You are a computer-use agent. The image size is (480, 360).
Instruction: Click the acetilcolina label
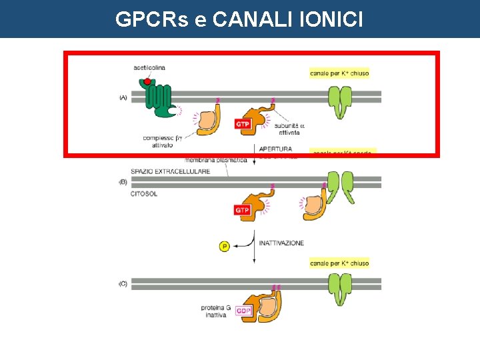coord(149,67)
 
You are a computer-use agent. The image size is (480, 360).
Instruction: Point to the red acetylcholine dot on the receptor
coord(147,82)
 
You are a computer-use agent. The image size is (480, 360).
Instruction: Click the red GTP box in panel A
coord(243,124)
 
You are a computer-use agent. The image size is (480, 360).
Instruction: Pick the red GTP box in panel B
coord(243,210)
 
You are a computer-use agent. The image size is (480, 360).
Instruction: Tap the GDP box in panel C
coord(243,311)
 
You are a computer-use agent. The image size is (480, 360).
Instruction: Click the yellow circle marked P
coord(225,247)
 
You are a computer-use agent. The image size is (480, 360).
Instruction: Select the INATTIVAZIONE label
coord(281,243)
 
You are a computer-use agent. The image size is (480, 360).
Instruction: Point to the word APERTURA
coord(275,149)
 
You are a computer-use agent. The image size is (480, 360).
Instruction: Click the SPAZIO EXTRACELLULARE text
coord(170,171)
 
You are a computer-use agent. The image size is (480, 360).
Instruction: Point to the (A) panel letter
coord(123,97)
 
